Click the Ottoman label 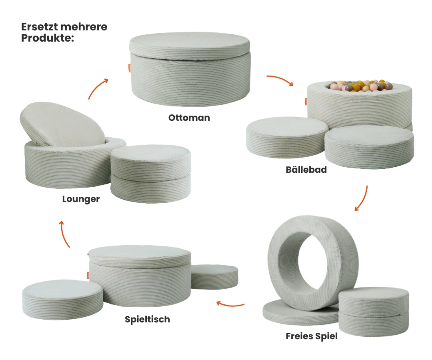(x=189, y=118)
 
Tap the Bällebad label (x=306, y=169)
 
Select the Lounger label (x=81, y=199)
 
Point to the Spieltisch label (x=147, y=319)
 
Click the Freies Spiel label (x=311, y=336)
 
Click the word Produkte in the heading (x=46, y=38)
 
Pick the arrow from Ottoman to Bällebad (x=280, y=79)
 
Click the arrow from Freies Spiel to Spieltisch (x=230, y=304)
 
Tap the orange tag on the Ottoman (x=130, y=68)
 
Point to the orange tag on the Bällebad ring (x=306, y=102)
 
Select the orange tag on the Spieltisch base (x=88, y=275)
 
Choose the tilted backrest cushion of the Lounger (x=62, y=124)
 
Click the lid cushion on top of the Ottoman (x=190, y=46)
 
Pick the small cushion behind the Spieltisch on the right (x=214, y=277)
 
